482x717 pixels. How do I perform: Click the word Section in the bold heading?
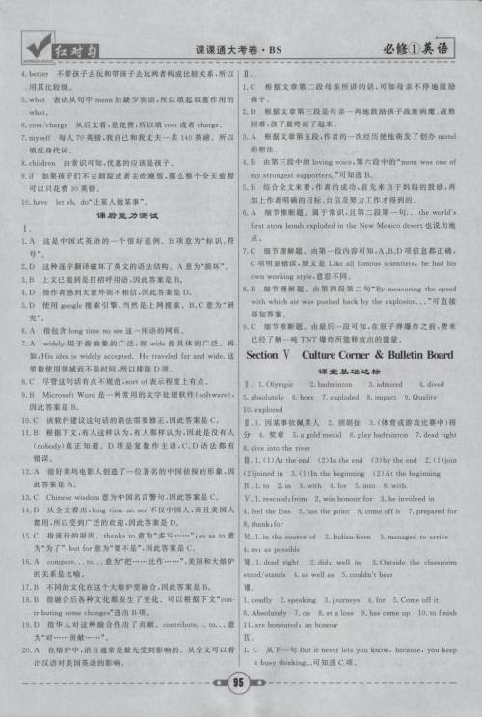click(x=269, y=355)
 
